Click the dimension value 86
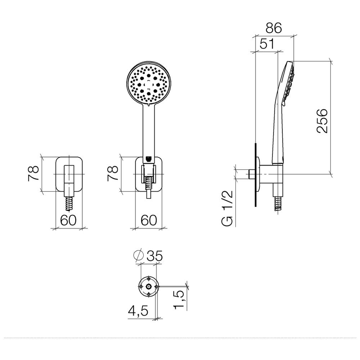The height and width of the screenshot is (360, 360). click(x=274, y=28)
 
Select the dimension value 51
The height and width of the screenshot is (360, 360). click(x=267, y=44)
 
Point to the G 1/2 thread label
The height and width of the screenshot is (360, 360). click(x=228, y=208)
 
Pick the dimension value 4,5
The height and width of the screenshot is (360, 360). click(x=138, y=311)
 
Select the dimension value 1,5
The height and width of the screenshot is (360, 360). click(x=179, y=300)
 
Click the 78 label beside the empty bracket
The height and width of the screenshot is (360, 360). click(x=33, y=174)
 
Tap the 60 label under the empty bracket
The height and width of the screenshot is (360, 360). click(x=68, y=220)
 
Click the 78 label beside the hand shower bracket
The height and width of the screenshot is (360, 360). click(x=113, y=174)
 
